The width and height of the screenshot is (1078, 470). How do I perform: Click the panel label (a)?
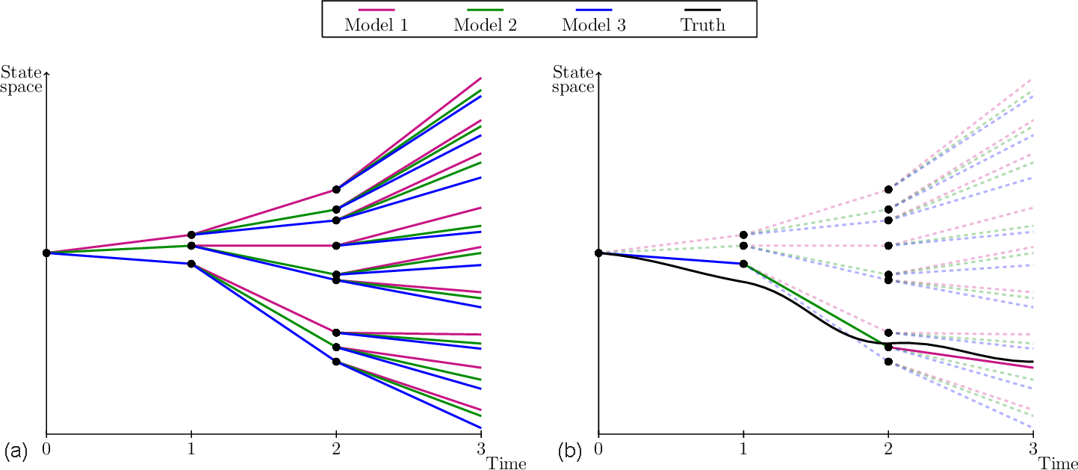[16, 451]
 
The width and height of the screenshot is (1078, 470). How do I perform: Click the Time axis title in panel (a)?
[507, 464]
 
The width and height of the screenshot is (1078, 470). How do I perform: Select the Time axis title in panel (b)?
[1059, 464]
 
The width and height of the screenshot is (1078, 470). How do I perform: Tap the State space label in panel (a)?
[21, 79]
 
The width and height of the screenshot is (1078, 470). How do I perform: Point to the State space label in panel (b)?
[573, 79]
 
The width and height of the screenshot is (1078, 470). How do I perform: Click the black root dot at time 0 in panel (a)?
[46, 253]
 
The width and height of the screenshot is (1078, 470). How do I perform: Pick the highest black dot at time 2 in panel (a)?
[336, 189]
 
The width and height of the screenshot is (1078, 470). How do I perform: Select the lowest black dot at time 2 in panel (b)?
[888, 362]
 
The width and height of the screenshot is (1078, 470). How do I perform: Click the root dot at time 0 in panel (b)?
[598, 253]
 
